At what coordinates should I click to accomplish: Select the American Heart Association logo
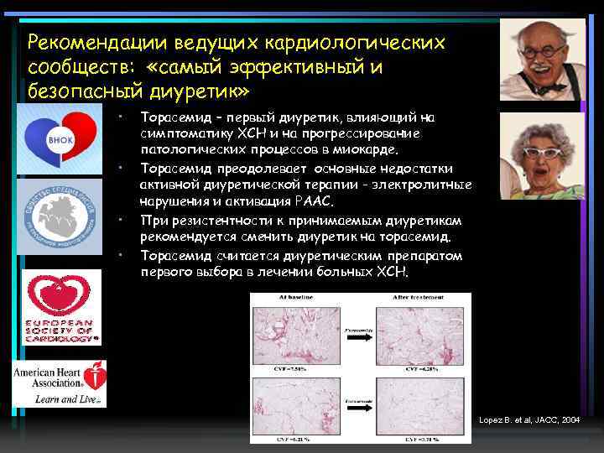tap(60, 383)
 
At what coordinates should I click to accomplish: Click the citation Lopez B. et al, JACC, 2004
tap(528, 418)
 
